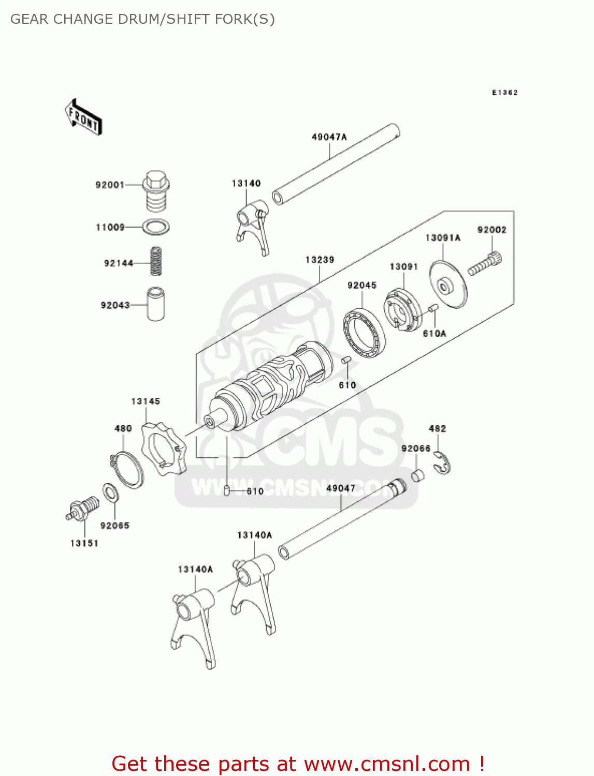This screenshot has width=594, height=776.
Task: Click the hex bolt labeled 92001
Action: click(x=155, y=191)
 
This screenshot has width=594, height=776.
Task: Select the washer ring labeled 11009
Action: click(x=156, y=227)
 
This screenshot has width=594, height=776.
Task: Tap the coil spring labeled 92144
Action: click(x=155, y=261)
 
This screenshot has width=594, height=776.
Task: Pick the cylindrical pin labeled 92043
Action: click(x=155, y=304)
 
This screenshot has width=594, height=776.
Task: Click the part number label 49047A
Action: click(x=329, y=137)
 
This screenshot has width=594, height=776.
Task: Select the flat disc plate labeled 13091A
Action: click(x=448, y=285)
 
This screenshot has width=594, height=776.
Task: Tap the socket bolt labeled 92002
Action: click(x=485, y=263)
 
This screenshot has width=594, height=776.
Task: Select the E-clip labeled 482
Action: click(x=442, y=463)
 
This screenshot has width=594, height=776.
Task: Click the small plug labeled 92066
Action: click(x=418, y=475)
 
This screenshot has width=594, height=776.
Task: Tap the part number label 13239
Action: click(x=320, y=260)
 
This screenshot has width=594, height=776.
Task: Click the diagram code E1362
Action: click(x=504, y=93)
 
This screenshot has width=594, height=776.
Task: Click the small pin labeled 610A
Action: click(x=434, y=309)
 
